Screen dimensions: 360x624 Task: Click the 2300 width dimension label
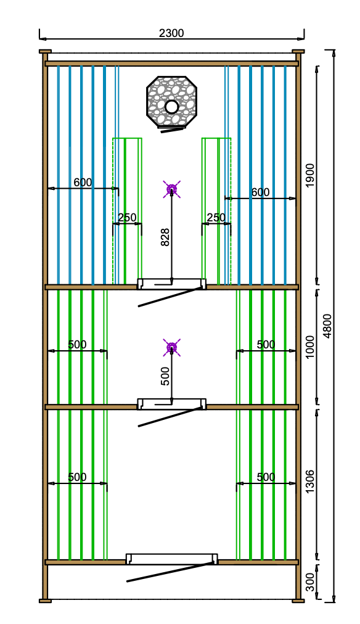coord(171,33)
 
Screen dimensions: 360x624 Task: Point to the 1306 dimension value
coord(310,481)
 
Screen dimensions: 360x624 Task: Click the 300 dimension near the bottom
coord(310,582)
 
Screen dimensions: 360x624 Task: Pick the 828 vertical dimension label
coord(165,237)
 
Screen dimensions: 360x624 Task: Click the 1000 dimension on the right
coord(310,347)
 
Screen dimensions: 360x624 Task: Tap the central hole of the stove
coord(172,107)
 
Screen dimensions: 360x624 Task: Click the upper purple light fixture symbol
coord(172,189)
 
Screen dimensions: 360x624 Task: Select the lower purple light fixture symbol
coord(172,347)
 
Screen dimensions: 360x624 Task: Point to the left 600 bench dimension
coord(83,183)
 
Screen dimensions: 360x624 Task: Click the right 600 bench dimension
coord(260,192)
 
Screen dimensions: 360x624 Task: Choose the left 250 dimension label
coord(127,218)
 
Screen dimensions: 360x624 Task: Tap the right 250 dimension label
coord(216,218)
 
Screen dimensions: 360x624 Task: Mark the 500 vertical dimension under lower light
coord(165,376)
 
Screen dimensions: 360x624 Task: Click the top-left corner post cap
coord(46,51)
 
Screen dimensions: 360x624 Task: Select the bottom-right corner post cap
coord(298,601)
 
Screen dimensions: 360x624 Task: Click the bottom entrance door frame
coord(172,559)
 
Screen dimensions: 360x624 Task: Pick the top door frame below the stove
coord(172,284)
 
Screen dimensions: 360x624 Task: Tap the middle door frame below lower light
coord(172,403)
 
